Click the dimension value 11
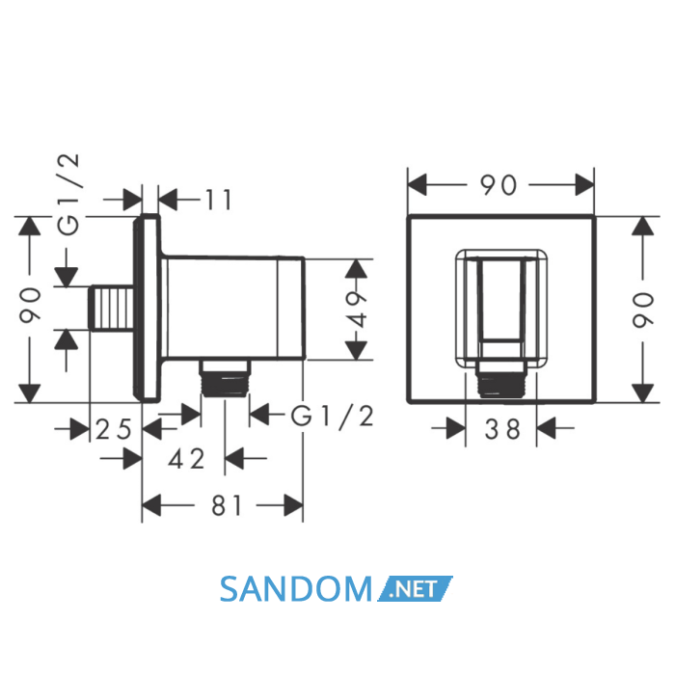point(219,200)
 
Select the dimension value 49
point(357,310)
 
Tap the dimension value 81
point(227,505)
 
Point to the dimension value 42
point(186,459)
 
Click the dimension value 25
point(113,429)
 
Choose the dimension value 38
point(502,429)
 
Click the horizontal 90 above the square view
point(499,185)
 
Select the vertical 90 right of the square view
point(643,310)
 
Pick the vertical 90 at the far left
point(30,306)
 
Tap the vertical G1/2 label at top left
point(68,195)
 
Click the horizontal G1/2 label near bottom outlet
point(333,417)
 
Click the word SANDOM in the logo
point(295,589)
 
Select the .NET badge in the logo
point(415,588)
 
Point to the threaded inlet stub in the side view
point(112,309)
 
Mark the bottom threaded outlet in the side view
point(225,378)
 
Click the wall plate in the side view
point(147,309)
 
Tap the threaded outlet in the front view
point(502,378)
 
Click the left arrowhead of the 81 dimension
point(151,505)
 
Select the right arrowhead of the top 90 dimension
point(585,185)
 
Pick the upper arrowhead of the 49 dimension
point(357,269)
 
